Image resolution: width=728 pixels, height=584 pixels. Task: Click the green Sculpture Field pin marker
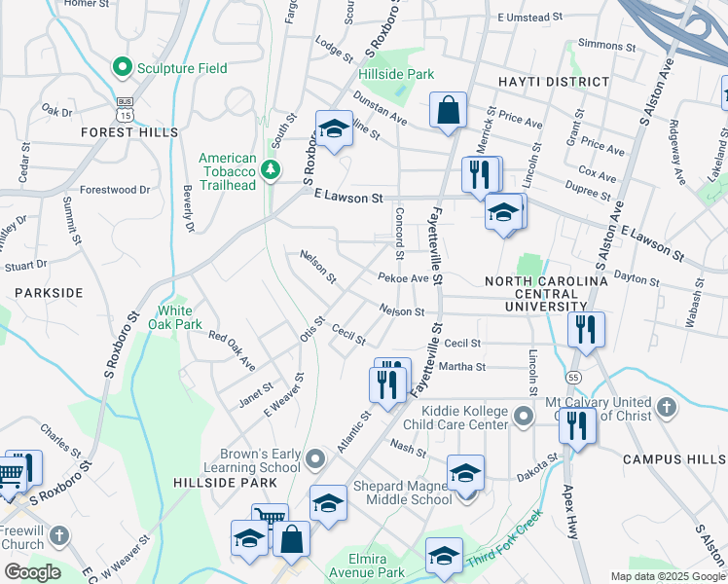pyautogui.click(x=123, y=68)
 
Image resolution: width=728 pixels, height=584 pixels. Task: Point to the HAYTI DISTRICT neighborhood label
pyautogui.click(x=553, y=83)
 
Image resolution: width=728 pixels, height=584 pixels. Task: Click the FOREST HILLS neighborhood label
pyautogui.click(x=129, y=131)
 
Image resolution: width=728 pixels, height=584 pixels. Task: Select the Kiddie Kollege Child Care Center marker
pyautogui.click(x=524, y=418)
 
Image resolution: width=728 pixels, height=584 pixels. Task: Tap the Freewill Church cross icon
pyautogui.click(x=58, y=535)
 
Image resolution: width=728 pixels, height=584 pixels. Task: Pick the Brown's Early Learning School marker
pyautogui.click(x=314, y=457)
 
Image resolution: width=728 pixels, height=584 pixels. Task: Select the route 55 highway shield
pyautogui.click(x=572, y=376)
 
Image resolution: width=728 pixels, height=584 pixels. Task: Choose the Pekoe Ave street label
pyautogui.click(x=403, y=278)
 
